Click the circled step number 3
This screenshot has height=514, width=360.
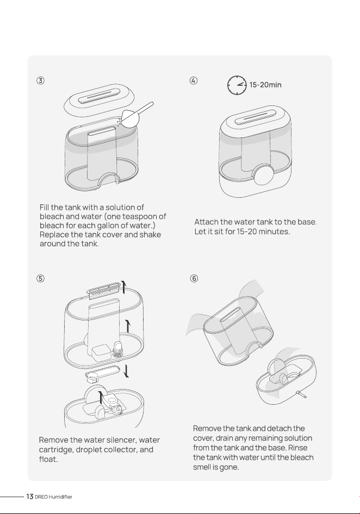coord(40,80)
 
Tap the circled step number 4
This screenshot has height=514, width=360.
coord(194,80)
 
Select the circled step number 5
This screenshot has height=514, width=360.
coord(40,279)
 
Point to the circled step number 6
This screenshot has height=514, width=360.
coord(194,279)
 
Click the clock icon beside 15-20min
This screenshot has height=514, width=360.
coord(237,85)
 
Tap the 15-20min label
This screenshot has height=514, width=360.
coord(265,85)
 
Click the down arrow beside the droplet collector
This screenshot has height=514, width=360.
coord(126,372)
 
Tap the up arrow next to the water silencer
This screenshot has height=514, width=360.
coord(123,287)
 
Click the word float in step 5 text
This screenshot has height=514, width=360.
coord(48,459)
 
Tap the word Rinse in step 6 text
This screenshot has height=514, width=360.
coord(297,448)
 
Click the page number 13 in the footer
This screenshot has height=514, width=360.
coord(30,497)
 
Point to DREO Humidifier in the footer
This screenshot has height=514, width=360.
coord(53,497)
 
